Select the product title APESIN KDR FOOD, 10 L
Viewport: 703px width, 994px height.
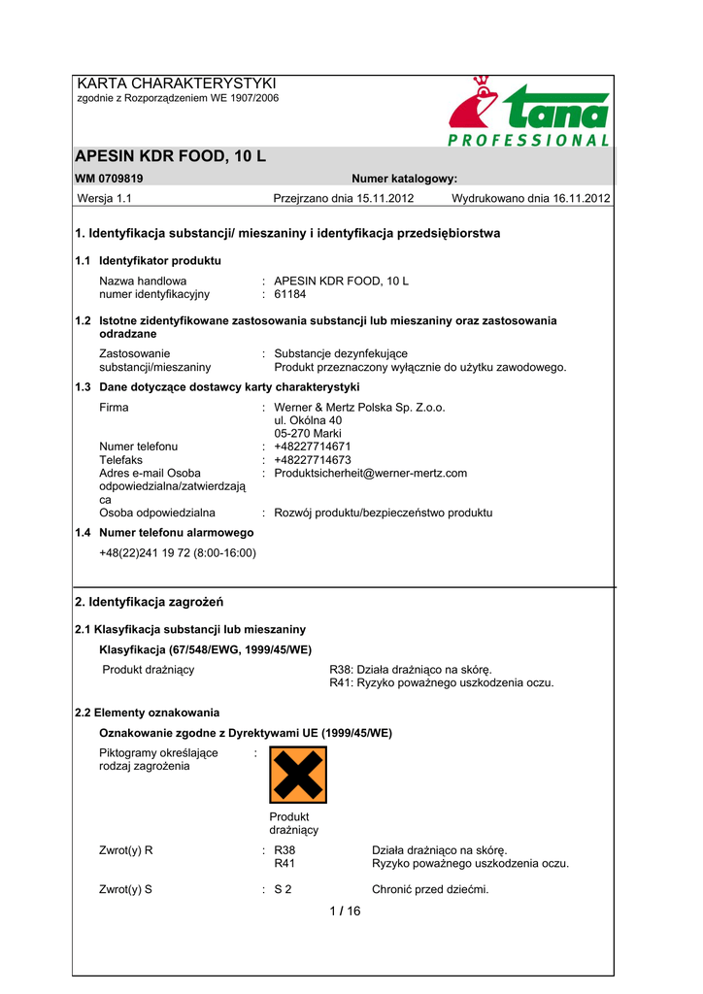click(170, 157)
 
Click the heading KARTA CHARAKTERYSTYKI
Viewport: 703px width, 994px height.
click(177, 83)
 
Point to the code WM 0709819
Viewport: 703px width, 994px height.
click(109, 179)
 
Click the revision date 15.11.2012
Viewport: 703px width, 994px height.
click(384, 199)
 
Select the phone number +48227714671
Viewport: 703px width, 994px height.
click(313, 447)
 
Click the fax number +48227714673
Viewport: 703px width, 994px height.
click(313, 460)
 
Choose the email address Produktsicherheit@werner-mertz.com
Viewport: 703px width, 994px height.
click(371, 474)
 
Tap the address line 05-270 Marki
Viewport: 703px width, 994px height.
click(308, 434)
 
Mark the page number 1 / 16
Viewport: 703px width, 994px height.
click(345, 911)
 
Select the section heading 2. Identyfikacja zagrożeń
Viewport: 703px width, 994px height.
click(150, 602)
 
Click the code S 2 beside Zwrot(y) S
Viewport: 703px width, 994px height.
click(284, 889)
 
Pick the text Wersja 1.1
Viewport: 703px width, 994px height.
click(104, 199)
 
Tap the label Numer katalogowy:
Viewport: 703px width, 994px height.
click(404, 179)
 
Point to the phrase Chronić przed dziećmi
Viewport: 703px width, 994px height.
click(430, 889)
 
